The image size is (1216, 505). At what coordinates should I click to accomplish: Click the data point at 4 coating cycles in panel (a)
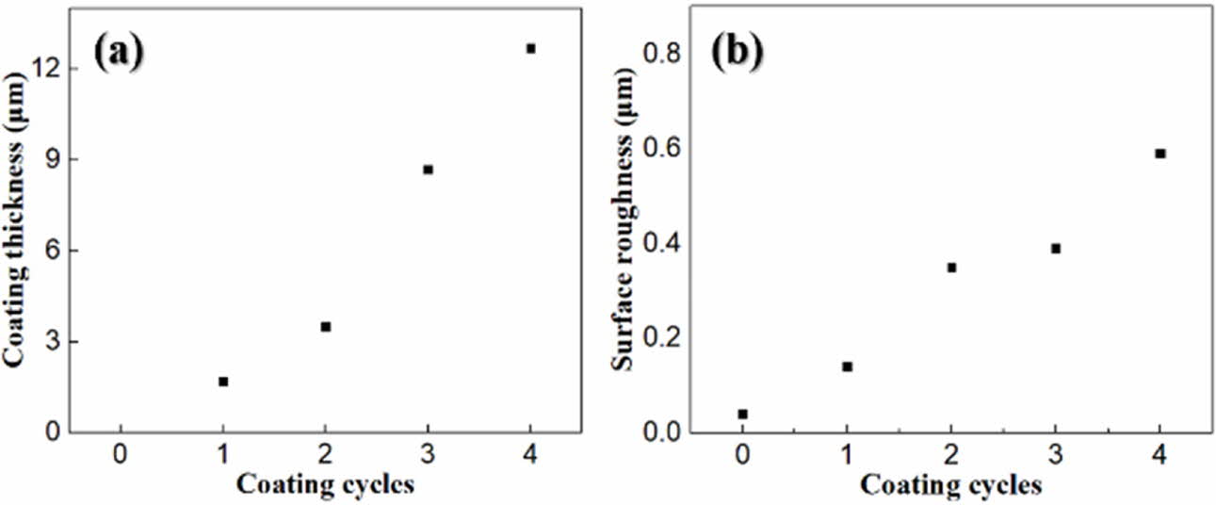click(x=531, y=48)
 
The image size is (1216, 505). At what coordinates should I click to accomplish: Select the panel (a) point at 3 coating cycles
click(x=428, y=170)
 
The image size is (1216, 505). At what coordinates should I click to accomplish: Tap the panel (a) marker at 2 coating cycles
click(x=325, y=327)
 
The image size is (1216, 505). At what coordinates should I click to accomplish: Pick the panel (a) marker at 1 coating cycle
click(x=223, y=382)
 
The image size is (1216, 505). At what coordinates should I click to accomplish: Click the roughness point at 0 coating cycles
click(x=742, y=414)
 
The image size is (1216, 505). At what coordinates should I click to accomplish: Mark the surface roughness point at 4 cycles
click(x=1160, y=154)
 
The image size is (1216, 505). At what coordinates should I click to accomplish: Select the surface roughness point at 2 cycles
click(x=951, y=268)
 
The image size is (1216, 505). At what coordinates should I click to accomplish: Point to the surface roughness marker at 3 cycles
click(x=1056, y=249)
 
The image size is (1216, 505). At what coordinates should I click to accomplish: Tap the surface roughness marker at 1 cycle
click(x=847, y=367)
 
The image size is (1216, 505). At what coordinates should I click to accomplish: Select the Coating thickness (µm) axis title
click(x=16, y=226)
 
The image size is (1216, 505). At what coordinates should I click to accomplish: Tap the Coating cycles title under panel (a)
click(x=325, y=485)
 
